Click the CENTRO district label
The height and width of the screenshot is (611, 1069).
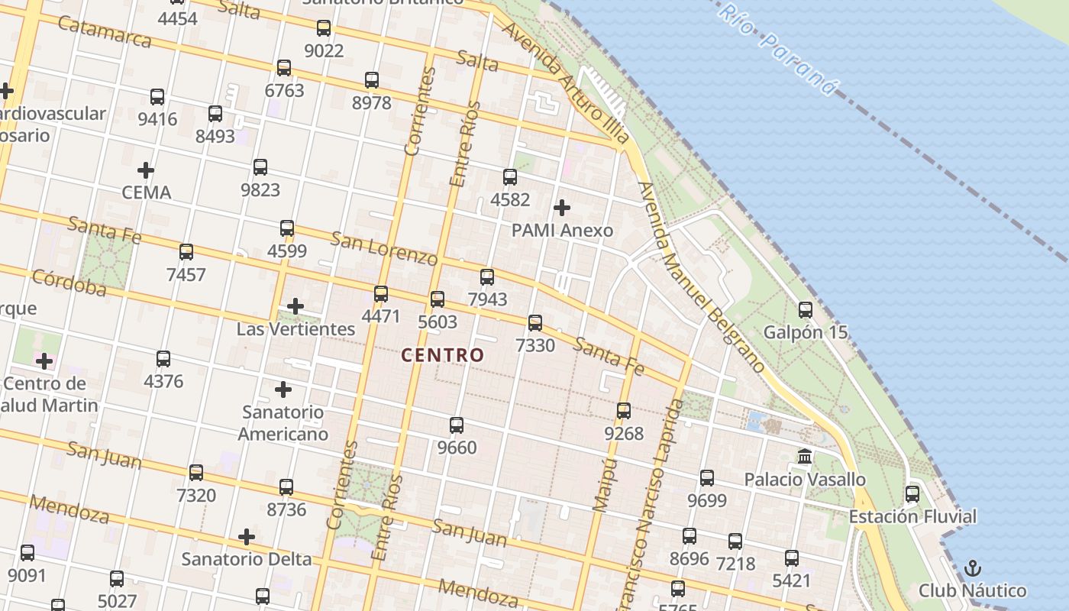tap(442, 355)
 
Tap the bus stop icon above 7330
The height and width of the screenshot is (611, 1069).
tap(535, 323)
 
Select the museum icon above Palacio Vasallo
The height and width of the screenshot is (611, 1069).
tap(805, 457)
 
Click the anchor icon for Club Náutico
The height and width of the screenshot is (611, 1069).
tap(972, 568)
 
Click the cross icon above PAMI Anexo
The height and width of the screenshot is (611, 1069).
tap(562, 208)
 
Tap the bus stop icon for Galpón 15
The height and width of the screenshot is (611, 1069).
tap(806, 310)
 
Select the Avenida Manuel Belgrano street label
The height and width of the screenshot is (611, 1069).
tap(700, 277)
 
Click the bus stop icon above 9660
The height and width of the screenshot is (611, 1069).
tap(457, 425)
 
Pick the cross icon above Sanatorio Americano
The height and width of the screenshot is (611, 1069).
tap(283, 390)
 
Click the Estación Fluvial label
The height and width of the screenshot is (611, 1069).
tap(912, 517)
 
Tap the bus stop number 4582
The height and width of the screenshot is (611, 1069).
tap(510, 200)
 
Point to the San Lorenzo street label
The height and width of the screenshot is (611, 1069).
tap(384, 247)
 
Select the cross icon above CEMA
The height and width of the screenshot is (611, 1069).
tap(146, 170)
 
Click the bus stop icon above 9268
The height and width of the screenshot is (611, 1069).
tap(624, 411)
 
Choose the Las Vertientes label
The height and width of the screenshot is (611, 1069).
tap(296, 329)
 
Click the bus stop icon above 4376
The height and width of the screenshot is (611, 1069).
tap(163, 359)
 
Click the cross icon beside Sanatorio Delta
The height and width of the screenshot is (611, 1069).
tap(247, 537)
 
